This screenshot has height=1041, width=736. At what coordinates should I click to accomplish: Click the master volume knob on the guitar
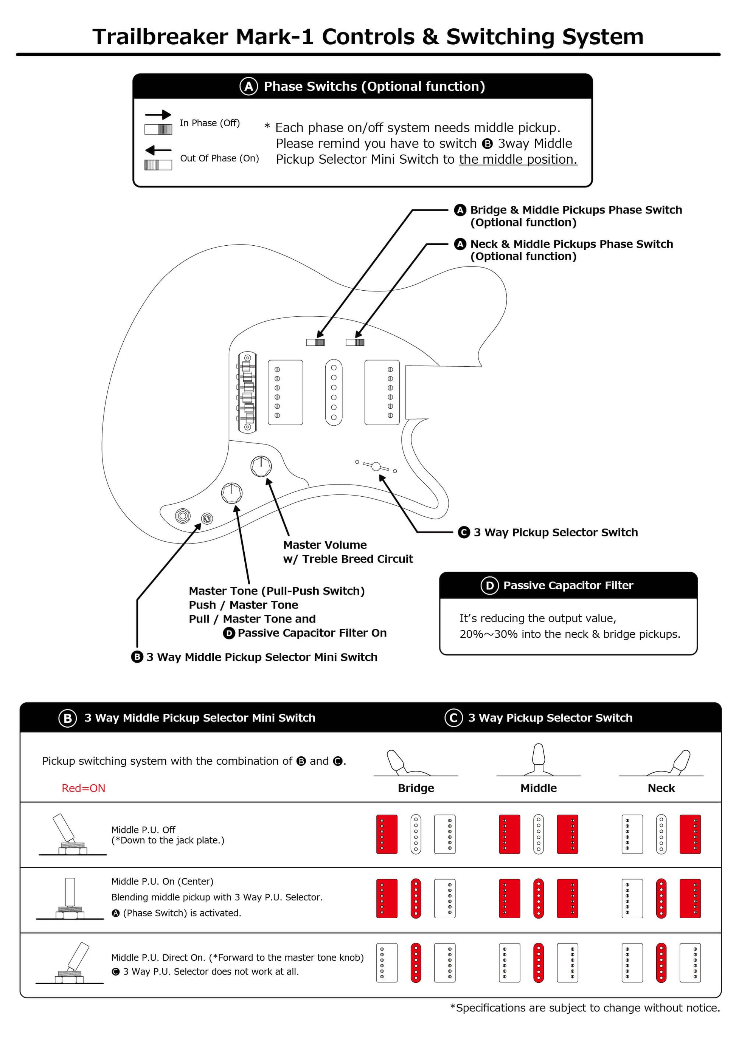click(261, 466)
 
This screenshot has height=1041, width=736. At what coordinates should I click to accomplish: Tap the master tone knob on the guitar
click(231, 493)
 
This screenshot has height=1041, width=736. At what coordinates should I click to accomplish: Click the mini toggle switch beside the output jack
click(207, 518)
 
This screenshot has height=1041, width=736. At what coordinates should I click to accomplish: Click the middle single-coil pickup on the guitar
click(334, 393)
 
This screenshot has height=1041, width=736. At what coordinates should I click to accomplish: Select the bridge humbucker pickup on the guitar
click(286, 393)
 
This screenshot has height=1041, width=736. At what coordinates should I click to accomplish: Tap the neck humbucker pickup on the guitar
click(382, 393)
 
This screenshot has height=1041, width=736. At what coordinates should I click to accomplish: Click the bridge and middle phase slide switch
click(315, 342)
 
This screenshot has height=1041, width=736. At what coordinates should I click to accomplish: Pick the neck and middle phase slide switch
click(355, 342)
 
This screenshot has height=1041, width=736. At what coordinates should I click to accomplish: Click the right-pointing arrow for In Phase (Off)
click(158, 115)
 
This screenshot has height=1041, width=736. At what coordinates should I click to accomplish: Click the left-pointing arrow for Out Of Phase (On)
click(158, 150)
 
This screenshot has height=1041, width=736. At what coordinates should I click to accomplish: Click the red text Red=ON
click(84, 788)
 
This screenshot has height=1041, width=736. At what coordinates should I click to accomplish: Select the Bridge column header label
click(416, 788)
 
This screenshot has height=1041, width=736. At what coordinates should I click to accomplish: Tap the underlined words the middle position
click(518, 160)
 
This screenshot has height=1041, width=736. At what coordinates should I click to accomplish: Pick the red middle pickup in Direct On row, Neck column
click(661, 963)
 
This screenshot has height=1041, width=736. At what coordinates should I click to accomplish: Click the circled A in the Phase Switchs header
click(248, 86)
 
